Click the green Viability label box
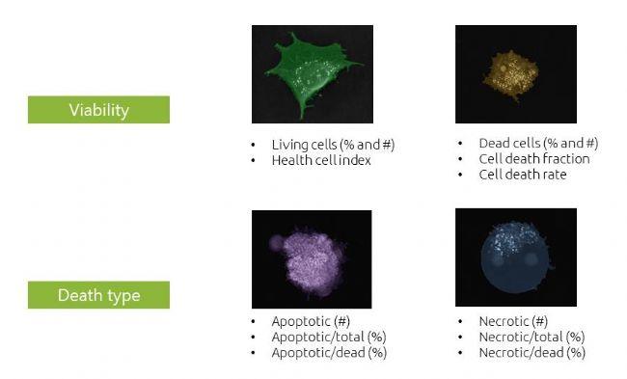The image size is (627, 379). tap(98, 110)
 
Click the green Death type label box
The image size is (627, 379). tap(98, 295)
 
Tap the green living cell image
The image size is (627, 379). tap(312, 74)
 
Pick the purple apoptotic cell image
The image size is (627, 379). tap(312, 257)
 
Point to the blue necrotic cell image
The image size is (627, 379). tap(515, 257)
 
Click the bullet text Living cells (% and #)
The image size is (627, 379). tap(334, 145)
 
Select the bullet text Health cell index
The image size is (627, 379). tap(321, 160)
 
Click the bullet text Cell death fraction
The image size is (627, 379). tap(533, 158)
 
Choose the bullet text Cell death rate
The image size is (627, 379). tap(522, 175)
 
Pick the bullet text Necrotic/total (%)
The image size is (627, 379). tap(532, 337)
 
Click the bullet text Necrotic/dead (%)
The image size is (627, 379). tap(532, 353)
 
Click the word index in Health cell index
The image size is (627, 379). tap(355, 160)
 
